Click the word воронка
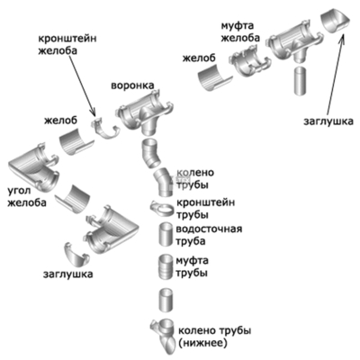(132, 85)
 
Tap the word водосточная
(209, 229)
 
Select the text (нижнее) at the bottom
(202, 343)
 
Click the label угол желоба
(27, 196)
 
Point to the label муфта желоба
(240, 32)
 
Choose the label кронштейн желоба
(67, 44)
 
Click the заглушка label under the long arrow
(328, 121)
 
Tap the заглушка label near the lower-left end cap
(68, 274)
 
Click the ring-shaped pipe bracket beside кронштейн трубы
(162, 208)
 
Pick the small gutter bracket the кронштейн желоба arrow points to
(104, 130)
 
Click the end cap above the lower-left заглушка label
(76, 255)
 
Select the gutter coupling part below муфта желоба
(248, 60)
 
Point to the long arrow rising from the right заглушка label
(334, 76)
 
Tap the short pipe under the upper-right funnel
(300, 81)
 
